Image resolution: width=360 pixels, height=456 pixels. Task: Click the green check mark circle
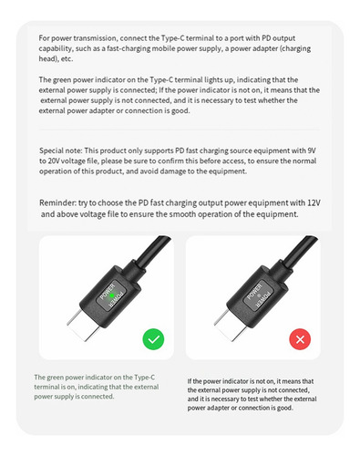coord(153,339)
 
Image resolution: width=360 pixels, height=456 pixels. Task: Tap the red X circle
coord(300,339)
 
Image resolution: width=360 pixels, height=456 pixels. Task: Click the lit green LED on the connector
coord(112,295)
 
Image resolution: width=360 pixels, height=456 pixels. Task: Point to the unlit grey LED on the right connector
coord(259,295)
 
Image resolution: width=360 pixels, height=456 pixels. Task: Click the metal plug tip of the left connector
coord(83,325)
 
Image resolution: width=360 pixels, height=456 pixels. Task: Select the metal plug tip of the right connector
coord(231,325)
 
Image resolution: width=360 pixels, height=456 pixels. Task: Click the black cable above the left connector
coord(152,251)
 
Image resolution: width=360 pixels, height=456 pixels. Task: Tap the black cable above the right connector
coord(299,251)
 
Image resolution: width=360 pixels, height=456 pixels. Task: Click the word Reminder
coord(57,202)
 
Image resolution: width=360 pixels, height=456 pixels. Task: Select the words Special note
coord(60,150)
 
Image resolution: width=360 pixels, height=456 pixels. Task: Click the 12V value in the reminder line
coord(314,202)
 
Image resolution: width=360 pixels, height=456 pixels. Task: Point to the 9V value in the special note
coord(312,150)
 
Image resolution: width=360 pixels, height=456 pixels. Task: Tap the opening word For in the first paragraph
coord(44,38)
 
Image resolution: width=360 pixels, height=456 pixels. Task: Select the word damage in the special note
coord(172,171)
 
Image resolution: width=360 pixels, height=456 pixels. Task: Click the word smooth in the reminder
coord(182,214)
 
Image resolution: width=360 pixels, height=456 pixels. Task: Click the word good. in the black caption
coord(285,408)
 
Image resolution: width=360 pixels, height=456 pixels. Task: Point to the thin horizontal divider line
coord(180,130)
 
